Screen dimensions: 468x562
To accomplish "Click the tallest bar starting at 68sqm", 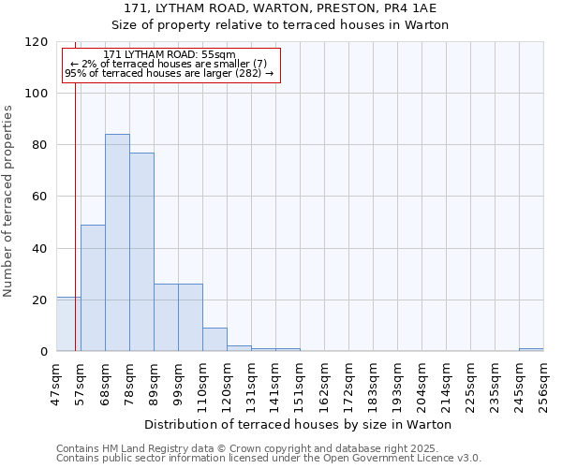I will pos(117,242).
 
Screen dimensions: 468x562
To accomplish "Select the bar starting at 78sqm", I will pos(141,252).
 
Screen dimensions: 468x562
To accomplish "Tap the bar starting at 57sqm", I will pos(93,287).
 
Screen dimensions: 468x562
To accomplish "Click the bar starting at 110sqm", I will pos(214,340).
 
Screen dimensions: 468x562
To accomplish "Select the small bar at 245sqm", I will pos(531,350).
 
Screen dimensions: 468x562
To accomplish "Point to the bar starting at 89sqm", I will pos(166,317).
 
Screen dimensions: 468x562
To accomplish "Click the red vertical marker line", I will pos(75,206).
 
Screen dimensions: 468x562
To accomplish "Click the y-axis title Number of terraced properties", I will pos(8,200).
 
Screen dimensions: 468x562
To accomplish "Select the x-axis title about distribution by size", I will pos(300,424).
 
